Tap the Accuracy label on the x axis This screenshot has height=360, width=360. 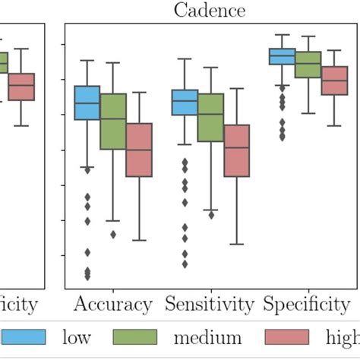click(113, 305)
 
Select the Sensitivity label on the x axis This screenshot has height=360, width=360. click(210, 305)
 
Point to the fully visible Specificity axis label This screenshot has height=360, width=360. click(307, 305)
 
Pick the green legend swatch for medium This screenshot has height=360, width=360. click(134, 338)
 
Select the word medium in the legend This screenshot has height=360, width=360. click(207, 338)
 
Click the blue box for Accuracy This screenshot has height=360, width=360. click(87, 103)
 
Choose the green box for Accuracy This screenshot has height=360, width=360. click(113, 122)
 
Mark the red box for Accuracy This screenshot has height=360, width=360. click(139, 150)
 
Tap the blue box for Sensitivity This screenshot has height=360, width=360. click(185, 103)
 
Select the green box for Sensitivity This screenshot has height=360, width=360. click(210, 118)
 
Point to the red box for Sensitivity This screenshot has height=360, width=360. click(237, 150)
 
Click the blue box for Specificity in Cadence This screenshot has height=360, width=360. click(283, 56)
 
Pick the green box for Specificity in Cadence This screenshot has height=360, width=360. click(308, 65)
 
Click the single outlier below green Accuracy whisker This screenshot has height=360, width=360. click(113, 234)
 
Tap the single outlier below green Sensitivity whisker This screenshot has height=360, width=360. click(211, 215)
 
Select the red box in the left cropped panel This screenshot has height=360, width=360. click(21, 87)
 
